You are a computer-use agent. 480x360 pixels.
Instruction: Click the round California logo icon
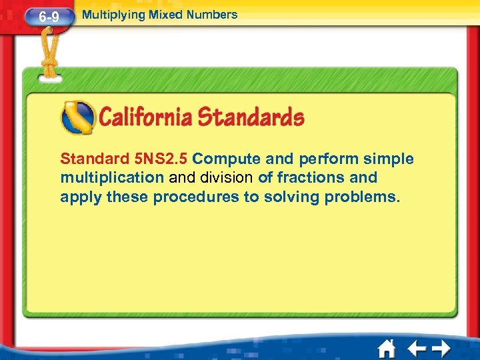tap(77, 118)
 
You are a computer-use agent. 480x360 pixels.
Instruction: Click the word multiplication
tap(112, 178)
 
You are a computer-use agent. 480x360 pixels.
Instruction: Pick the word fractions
tap(306, 178)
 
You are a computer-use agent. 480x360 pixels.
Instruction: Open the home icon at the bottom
tap(386, 349)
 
